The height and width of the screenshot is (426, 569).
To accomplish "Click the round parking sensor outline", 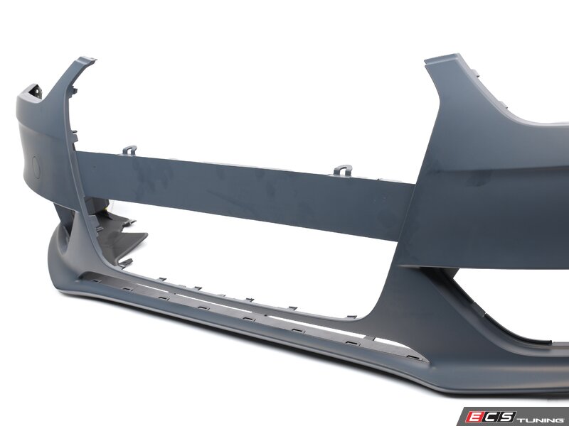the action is [36, 168].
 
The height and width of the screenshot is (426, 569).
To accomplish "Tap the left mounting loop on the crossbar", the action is [129, 150].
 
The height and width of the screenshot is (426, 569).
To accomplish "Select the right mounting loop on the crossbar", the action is [343, 170].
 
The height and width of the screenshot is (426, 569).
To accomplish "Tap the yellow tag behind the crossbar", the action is [107, 209].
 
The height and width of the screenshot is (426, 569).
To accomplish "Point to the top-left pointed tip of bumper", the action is [95, 59].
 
